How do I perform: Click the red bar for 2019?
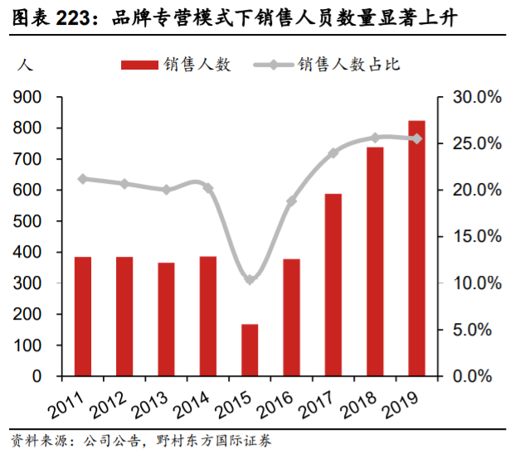[416, 248]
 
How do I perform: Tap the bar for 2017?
[333, 285]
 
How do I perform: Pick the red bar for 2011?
[83, 316]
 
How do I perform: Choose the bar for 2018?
[375, 262]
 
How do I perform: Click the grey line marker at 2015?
[250, 280]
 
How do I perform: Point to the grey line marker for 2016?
[291, 201]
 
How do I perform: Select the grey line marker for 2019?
[416, 139]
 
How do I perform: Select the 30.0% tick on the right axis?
[476, 98]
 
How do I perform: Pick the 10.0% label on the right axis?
[476, 283]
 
